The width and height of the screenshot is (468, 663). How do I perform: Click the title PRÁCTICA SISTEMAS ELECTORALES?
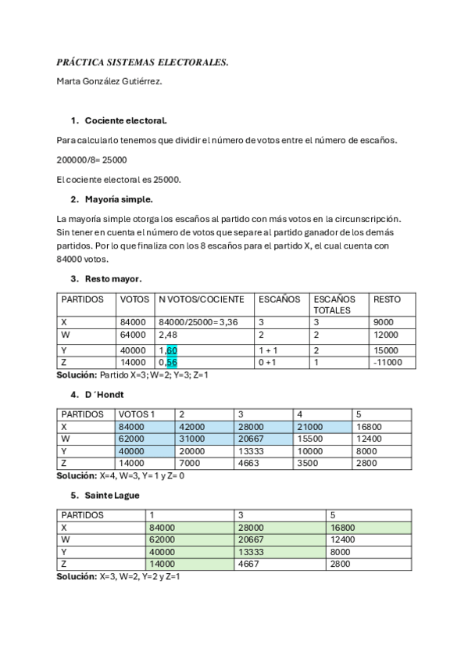142,62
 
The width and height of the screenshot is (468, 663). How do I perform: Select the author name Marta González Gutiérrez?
109,81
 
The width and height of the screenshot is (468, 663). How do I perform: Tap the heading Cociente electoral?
126,121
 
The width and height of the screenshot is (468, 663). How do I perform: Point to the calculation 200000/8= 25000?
92,159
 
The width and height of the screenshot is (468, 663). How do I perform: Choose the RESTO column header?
388,299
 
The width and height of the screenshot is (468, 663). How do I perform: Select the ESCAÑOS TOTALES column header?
334,304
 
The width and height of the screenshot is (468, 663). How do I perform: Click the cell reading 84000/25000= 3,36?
196,321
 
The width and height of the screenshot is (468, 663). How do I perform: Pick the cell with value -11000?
388,363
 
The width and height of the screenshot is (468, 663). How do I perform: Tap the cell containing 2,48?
168,335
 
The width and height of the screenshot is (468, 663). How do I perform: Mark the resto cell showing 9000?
384,321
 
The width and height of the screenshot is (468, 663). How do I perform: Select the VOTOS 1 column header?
137,414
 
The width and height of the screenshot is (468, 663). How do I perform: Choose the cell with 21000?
311,427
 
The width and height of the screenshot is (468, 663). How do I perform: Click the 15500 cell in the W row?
311,440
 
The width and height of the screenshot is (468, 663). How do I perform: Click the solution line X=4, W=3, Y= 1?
120,475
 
